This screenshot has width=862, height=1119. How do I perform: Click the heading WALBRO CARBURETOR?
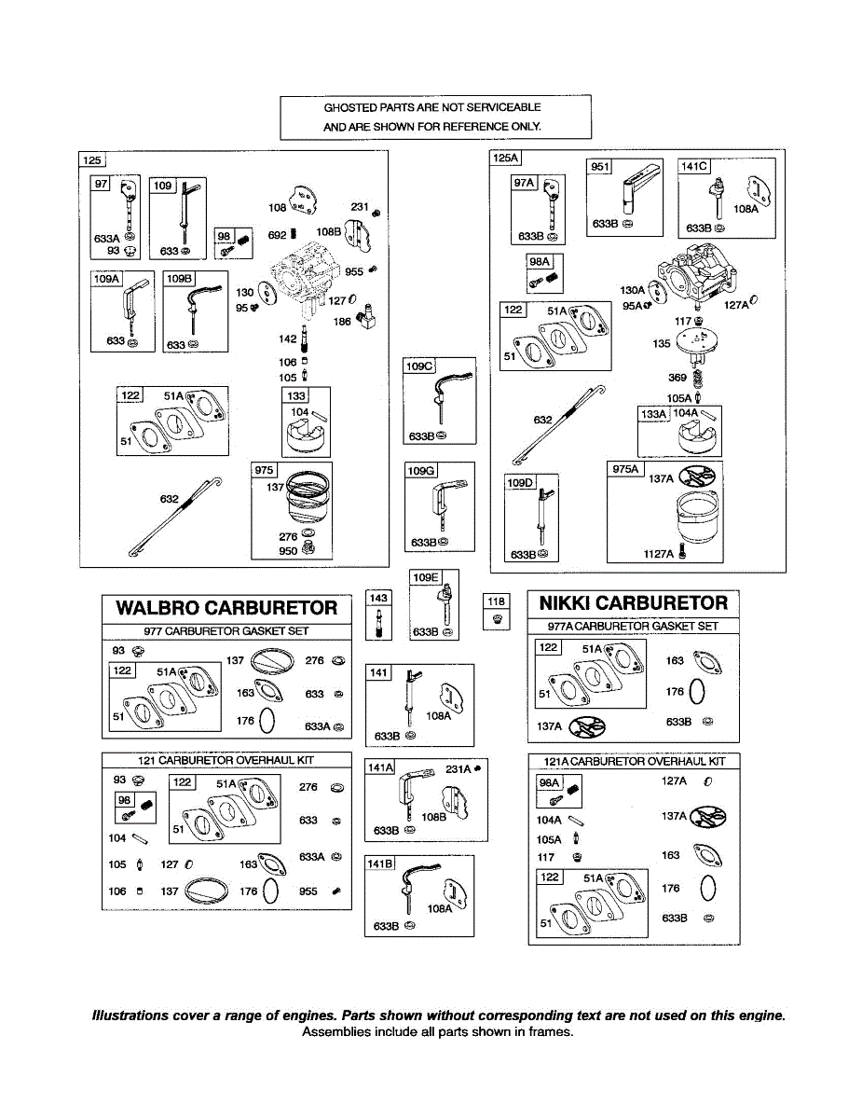pos(227,608)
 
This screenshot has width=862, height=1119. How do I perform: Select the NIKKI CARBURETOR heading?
pos(634,603)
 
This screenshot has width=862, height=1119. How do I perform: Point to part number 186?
pos(342,322)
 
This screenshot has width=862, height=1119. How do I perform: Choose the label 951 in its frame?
pos(599,167)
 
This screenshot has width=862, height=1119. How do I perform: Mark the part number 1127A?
pos(658,554)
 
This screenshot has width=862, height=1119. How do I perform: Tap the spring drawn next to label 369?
pos(698,379)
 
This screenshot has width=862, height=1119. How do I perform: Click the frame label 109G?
pos(420,471)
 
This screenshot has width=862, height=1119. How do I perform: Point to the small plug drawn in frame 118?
pos(497,619)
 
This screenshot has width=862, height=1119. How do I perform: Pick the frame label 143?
pos(378,598)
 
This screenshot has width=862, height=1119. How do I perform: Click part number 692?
pos(277,235)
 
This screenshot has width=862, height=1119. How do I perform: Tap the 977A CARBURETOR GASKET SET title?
pos(633,627)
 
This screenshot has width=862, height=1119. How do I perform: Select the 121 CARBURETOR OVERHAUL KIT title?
pos(226,761)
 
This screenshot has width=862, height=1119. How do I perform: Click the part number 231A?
pos(458,769)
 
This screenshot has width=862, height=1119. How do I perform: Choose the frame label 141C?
pos(694,166)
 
